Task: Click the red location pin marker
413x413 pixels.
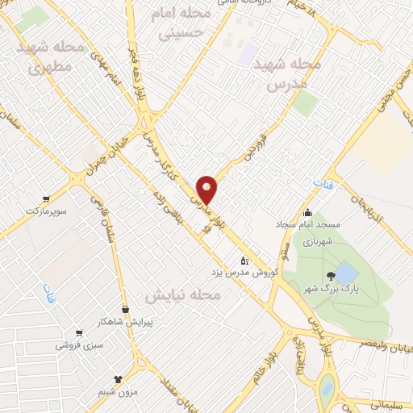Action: point(207,190)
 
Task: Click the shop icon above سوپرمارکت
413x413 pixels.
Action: point(46,198)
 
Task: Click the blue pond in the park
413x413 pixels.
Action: point(344,273)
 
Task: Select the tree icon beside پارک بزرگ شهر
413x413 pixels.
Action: point(332,277)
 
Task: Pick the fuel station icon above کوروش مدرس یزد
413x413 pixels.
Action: point(245,260)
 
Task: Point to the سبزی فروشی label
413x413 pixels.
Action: point(78,345)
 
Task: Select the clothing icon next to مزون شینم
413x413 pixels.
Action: point(119,377)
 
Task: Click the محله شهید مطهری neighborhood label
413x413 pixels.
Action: point(52,58)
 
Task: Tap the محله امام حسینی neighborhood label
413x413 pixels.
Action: point(185,24)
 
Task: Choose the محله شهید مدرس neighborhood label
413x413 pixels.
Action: point(286,73)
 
